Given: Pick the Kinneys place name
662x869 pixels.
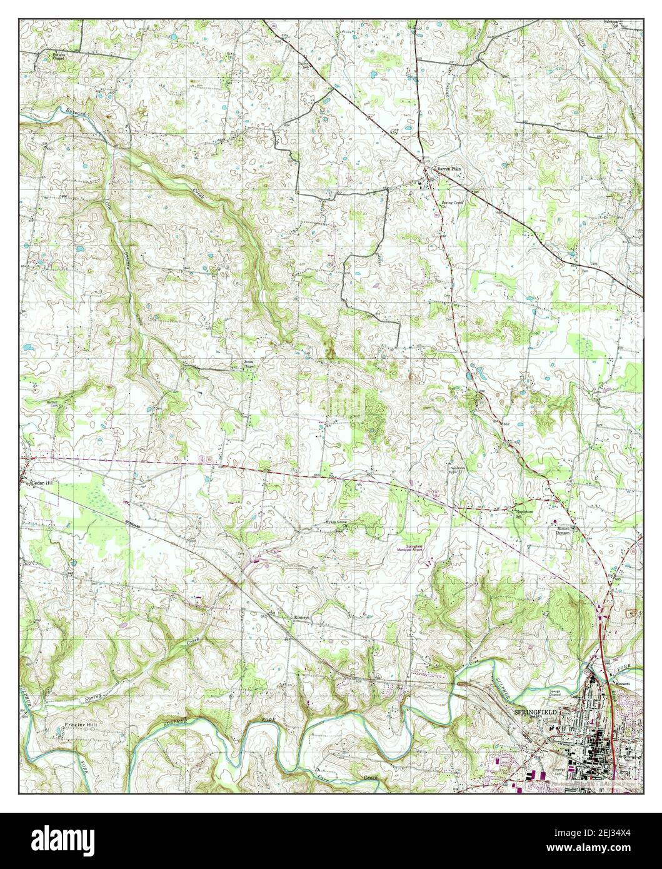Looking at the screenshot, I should click(x=303, y=617).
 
